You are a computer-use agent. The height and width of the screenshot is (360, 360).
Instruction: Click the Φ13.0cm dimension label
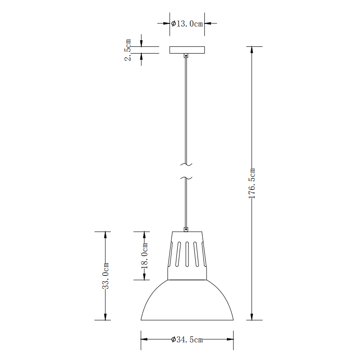click(x=187, y=23)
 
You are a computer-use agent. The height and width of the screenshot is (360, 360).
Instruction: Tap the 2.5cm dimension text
click(x=128, y=50)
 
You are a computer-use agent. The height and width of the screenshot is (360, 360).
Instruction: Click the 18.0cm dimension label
click(x=144, y=256)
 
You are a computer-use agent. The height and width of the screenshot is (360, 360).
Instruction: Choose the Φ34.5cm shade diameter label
click(x=187, y=340)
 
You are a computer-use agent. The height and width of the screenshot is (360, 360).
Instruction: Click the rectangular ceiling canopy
click(x=187, y=50)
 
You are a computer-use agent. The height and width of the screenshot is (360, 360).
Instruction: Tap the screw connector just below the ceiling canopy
click(x=186, y=56)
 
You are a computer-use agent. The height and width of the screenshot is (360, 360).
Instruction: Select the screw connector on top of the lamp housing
click(x=186, y=229)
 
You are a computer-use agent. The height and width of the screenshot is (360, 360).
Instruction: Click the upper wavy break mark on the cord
click(x=186, y=164)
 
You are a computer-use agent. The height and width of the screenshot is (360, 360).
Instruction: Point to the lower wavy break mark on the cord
click(x=186, y=179)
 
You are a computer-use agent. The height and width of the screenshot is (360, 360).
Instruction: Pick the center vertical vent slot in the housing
click(x=187, y=254)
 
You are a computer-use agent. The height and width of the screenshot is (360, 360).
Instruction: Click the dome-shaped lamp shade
click(x=187, y=301)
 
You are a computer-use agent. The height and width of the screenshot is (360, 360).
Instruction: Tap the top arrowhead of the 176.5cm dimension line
click(x=252, y=49)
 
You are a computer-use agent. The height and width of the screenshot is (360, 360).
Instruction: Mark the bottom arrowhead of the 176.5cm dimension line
click(x=252, y=317)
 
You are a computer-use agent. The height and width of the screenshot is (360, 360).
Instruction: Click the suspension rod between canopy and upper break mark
click(x=186, y=108)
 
